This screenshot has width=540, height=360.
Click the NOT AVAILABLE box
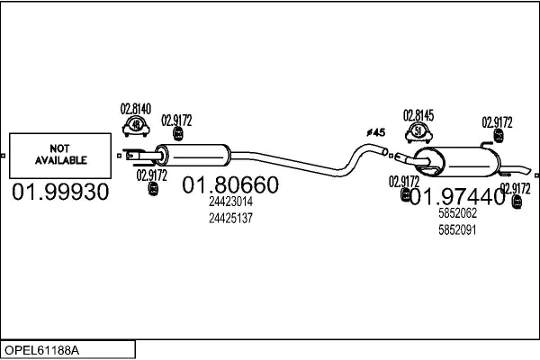click(60, 155)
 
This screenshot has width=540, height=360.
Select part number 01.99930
click(60, 192)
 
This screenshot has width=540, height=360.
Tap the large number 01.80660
click(230, 186)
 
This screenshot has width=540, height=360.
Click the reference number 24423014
click(230, 203)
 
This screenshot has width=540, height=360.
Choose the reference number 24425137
click(230, 218)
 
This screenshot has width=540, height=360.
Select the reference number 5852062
click(456, 215)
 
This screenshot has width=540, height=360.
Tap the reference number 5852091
click(456, 230)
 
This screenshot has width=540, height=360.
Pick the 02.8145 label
click(418, 114)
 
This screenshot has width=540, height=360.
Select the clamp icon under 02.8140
click(136, 126)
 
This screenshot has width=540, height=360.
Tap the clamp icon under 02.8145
click(418, 131)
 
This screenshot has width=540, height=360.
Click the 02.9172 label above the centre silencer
click(176, 119)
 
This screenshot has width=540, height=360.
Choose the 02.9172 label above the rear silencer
click(497, 121)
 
